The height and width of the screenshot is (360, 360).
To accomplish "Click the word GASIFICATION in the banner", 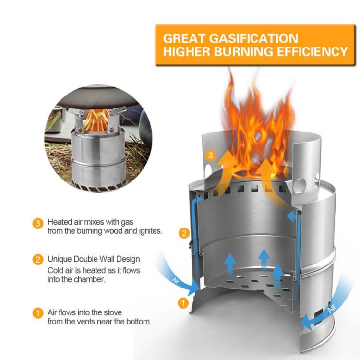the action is [253, 38].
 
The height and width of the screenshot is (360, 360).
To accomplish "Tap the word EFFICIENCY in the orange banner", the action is [312, 51].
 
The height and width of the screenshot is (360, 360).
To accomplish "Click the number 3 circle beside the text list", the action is [38, 223].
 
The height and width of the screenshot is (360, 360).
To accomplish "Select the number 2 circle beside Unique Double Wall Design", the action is [38, 260].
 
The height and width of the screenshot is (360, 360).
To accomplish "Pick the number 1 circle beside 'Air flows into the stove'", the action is [38, 313].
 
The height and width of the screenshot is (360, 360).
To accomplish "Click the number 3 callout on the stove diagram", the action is [211, 156].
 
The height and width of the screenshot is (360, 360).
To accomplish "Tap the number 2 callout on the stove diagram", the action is [184, 233].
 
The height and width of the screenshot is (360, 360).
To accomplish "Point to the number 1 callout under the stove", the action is [183, 303].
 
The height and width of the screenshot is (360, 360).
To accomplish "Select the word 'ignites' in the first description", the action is [150, 231].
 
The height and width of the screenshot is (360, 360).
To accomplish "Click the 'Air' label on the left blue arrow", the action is [175, 281].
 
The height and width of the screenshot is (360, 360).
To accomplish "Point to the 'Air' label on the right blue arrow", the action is [332, 308].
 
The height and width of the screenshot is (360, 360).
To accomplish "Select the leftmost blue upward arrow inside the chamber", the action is [230, 267].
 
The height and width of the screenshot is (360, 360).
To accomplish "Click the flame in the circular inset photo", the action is [96, 120].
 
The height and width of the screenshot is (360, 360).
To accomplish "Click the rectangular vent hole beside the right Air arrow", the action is [318, 317].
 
